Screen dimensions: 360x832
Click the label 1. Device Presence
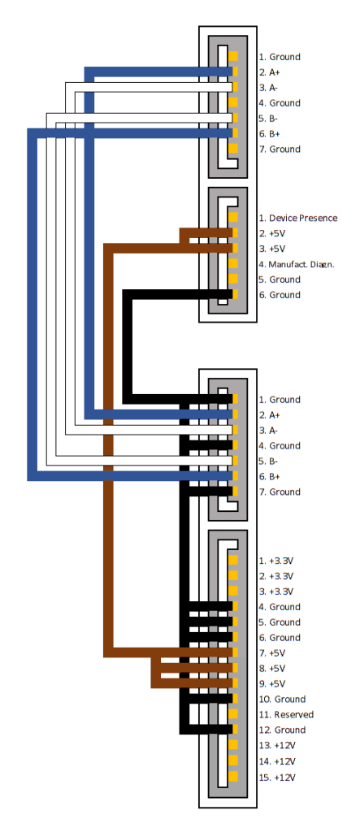click(298, 218)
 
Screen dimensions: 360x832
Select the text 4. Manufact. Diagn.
click(297, 264)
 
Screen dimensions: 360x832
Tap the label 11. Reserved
click(286, 715)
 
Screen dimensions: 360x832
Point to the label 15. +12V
click(277, 778)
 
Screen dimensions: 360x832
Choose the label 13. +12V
click(277, 746)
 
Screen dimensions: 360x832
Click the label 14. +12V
click(277, 762)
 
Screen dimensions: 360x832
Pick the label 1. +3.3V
click(276, 561)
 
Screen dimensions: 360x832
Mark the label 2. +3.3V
click(276, 576)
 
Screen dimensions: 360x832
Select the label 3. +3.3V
click(276, 591)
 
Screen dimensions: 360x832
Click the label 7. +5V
click(272, 653)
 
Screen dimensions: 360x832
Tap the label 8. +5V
click(272, 669)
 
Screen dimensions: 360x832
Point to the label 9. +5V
click(272, 684)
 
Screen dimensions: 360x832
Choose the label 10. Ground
click(283, 700)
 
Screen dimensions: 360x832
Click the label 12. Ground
click(283, 730)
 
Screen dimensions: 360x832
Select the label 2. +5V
click(272, 233)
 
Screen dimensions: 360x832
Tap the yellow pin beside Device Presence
click(233, 217)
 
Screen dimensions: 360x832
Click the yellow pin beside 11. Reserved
click(233, 713)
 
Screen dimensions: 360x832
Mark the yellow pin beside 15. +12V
click(233, 776)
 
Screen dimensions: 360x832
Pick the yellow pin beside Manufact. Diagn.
click(233, 263)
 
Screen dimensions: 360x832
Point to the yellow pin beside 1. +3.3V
click(233, 560)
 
